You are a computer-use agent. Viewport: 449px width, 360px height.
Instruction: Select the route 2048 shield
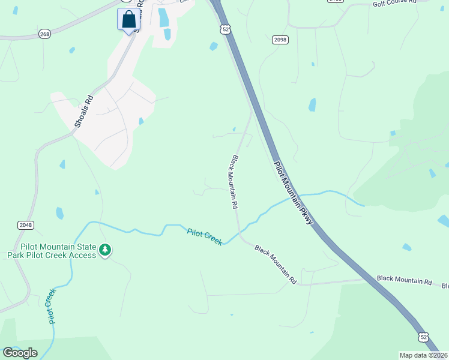pos(25,225)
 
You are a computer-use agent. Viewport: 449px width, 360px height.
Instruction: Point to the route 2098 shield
pos(280,40)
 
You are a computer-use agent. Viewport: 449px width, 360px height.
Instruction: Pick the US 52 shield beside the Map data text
pos(424,338)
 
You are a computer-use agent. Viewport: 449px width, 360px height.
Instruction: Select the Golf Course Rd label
pos(394,3)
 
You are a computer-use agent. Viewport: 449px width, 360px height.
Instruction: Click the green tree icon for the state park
pos(105,250)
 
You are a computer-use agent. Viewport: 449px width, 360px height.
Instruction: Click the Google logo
pos(20,353)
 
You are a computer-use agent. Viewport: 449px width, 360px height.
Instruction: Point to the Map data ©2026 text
pos(423,355)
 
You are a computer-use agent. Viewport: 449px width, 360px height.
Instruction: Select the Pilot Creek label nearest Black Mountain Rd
pos(205,236)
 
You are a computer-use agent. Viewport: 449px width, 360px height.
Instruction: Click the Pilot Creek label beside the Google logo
pos(52,306)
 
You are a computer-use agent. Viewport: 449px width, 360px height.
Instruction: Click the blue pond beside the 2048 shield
pos(59,213)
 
